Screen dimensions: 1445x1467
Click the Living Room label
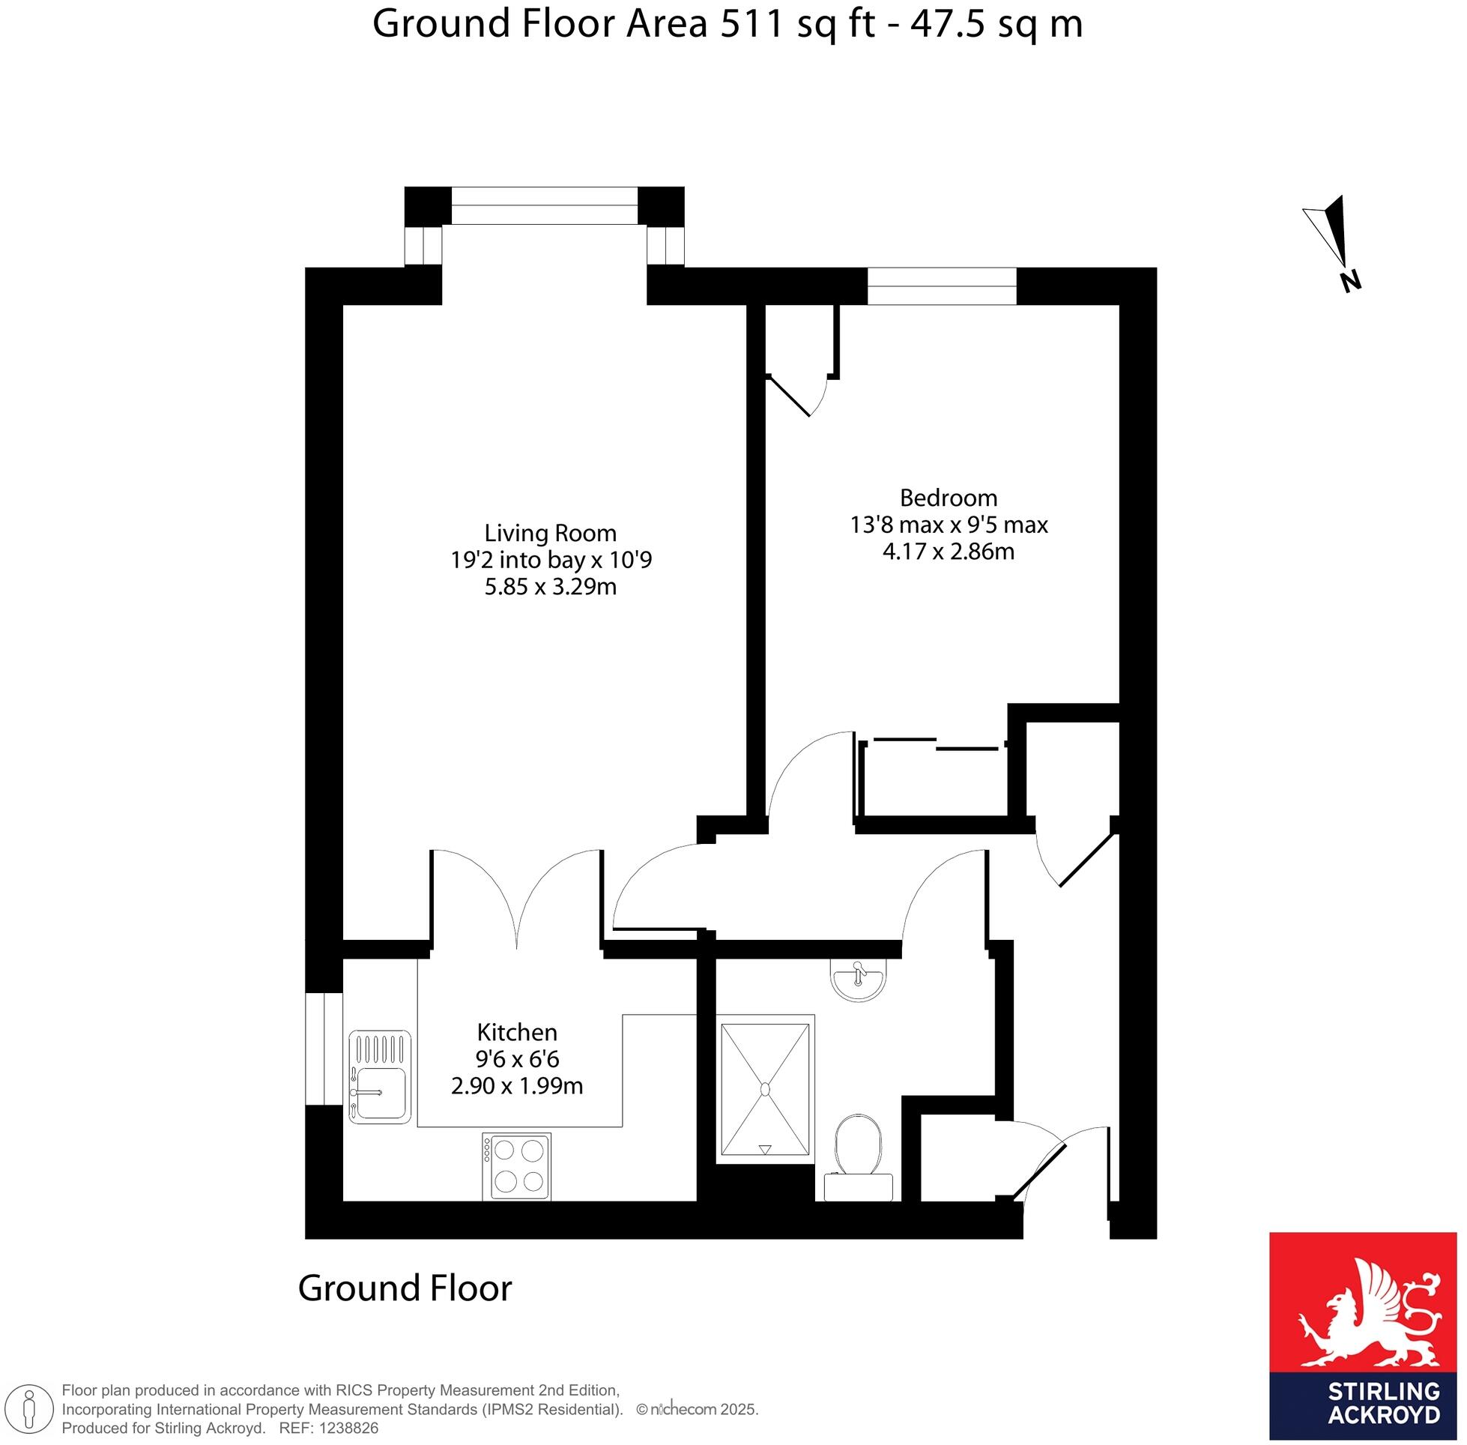pyautogui.click(x=550, y=533)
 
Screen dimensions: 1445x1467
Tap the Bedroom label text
pyautogui.click(x=949, y=498)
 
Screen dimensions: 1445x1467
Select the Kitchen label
pyautogui.click(x=517, y=1032)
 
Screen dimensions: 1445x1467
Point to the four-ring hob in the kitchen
pyautogui.click(x=516, y=1166)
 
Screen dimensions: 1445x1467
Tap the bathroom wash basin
pyautogui.click(x=858, y=979)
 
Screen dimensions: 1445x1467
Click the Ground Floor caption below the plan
pyautogui.click(x=405, y=1288)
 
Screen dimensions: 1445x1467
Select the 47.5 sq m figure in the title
pyautogui.click(x=996, y=24)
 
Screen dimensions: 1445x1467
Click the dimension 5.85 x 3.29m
pyautogui.click(x=550, y=587)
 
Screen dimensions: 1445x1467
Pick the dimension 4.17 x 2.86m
pyautogui.click(x=949, y=552)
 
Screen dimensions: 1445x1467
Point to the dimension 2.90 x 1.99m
pyautogui.click(x=517, y=1086)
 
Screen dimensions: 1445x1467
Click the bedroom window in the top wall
pyautogui.click(x=941, y=286)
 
